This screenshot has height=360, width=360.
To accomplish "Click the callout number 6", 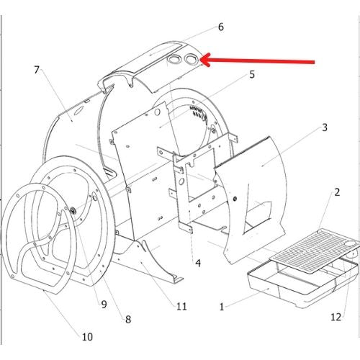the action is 221,27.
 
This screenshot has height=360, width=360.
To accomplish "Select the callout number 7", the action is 37,70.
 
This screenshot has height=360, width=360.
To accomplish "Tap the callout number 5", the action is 252,75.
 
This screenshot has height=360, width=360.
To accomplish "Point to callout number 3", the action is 325,127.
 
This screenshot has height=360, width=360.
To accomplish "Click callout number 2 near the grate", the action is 337,192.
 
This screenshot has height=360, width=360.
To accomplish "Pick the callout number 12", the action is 336,317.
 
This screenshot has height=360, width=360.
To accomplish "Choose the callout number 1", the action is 222,307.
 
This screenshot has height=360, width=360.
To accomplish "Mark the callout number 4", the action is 198,264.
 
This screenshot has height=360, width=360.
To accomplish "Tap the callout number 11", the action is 181,306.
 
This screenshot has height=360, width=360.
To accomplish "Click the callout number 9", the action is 104,305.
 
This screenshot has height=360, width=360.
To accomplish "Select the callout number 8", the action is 128,320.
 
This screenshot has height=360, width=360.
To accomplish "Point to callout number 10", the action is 87,337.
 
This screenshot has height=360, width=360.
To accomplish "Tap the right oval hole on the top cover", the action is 192,59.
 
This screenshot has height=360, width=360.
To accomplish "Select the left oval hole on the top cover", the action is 174,58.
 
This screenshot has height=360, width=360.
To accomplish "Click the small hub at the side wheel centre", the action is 73,211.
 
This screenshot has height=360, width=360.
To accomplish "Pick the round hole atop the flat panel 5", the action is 157,112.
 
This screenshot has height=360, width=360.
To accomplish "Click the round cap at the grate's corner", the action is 350,244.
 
